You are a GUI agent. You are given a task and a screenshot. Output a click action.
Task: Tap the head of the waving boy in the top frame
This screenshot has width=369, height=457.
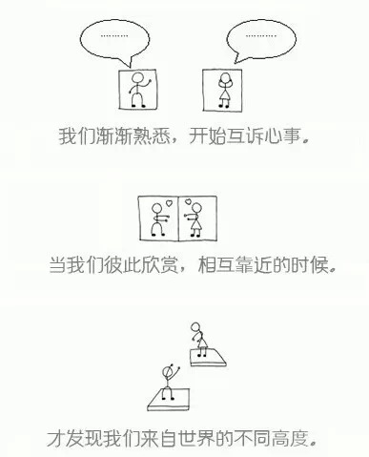click(x=138, y=78)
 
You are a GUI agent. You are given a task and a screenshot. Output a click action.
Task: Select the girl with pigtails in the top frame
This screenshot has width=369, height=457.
click(x=225, y=91)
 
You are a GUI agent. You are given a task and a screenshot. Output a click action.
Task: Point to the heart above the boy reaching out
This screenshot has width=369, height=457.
click(x=170, y=202)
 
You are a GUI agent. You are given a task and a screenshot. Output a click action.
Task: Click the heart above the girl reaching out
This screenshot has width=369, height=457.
click(x=188, y=201)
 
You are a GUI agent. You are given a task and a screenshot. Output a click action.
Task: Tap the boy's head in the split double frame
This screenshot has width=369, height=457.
click(x=156, y=208)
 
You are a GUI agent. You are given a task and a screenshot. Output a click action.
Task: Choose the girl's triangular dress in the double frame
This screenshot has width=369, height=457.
click(x=195, y=226)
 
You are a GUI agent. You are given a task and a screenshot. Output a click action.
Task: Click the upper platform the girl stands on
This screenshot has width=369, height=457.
click(x=208, y=358)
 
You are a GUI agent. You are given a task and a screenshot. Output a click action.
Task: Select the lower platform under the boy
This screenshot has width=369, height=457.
click(x=169, y=400)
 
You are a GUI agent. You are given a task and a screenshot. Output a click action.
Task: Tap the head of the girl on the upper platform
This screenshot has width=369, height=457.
click(x=195, y=327)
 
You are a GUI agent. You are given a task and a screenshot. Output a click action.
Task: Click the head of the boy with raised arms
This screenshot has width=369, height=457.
click(x=167, y=372)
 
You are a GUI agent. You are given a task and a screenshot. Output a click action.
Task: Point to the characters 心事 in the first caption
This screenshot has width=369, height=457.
click(x=282, y=136)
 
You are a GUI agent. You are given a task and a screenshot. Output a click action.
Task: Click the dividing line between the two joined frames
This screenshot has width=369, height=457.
click(x=178, y=218)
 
